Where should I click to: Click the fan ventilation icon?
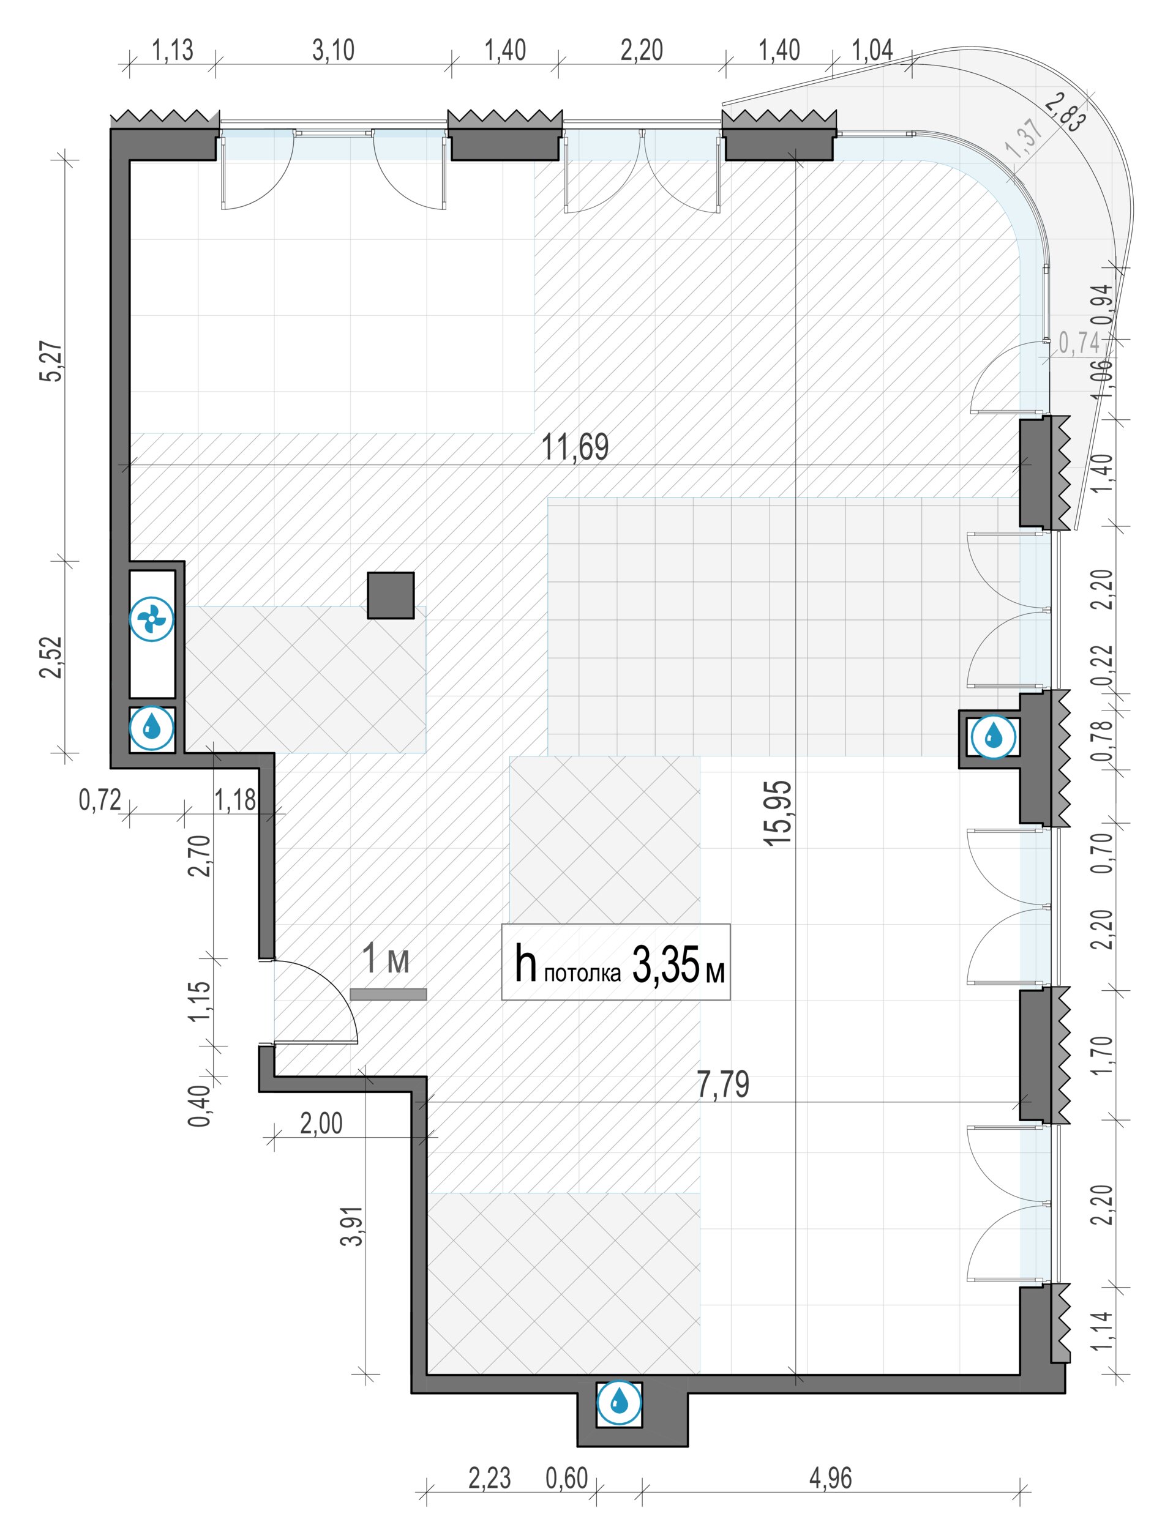[152, 618]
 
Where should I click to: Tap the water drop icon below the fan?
[152, 730]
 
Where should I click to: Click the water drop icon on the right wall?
[993, 736]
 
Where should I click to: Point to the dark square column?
[391, 595]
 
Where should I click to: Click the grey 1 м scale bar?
[388, 994]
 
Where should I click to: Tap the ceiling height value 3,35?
[665, 965]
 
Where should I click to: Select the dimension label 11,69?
[575, 447]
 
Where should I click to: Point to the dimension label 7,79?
[724, 1084]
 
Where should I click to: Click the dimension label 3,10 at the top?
[333, 50]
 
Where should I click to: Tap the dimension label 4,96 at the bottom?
[831, 1479]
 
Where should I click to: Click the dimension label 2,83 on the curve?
[1065, 111]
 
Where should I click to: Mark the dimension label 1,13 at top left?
[173, 50]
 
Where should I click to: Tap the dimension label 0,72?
[100, 800]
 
